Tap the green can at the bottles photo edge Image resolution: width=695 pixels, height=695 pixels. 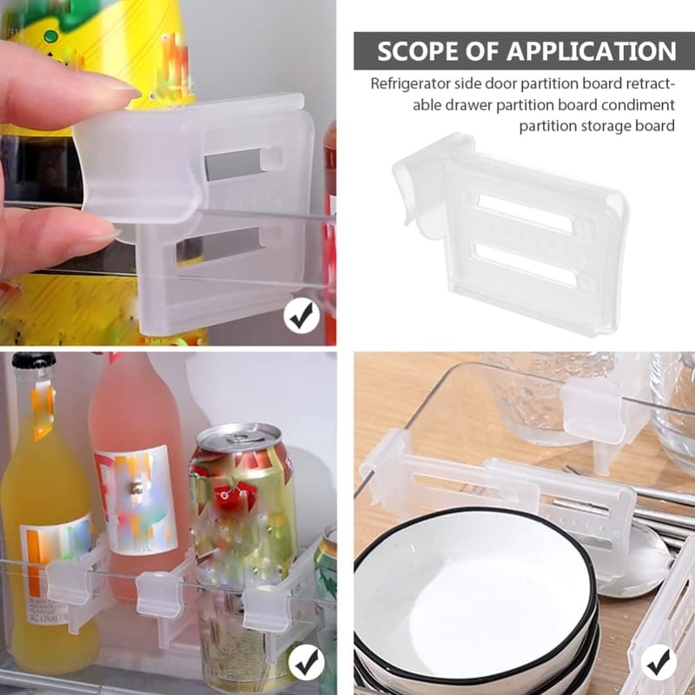pyautogui.click(x=326, y=573)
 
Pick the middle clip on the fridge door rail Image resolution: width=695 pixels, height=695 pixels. pyautogui.click(x=159, y=593)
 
